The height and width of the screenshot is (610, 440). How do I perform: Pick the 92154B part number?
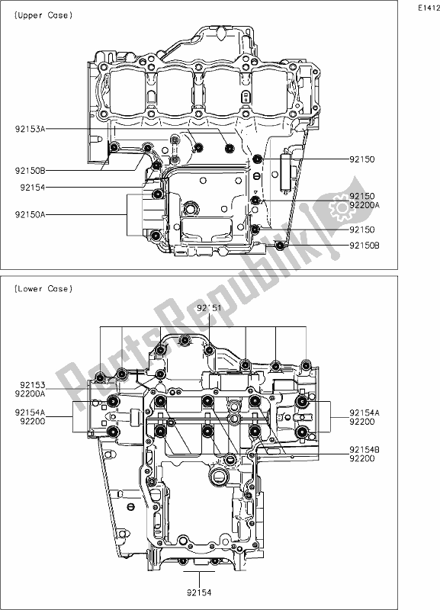click(x=365, y=450)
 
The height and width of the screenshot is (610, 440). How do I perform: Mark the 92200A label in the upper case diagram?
click(x=365, y=206)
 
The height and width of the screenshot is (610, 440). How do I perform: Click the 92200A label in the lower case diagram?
click(x=30, y=395)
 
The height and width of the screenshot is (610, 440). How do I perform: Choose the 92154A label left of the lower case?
click(x=30, y=412)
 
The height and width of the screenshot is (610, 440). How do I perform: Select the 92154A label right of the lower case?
click(x=365, y=412)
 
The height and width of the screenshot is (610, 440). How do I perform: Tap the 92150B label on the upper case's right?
click(x=365, y=246)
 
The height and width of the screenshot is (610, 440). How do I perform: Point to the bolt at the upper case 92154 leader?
click(x=156, y=164)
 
